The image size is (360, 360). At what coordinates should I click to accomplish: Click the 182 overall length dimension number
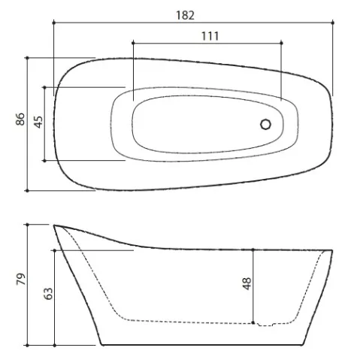tap(185, 15)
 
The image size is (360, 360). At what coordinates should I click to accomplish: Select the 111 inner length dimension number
tap(210, 36)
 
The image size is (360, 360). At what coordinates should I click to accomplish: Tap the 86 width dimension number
tap(20, 119)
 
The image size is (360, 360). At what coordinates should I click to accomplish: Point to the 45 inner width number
tap(38, 122)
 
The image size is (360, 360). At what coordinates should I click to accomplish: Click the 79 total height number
tap(21, 279)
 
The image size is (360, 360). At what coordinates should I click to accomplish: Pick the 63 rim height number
tap(48, 294)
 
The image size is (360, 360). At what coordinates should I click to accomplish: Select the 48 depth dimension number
tap(247, 283)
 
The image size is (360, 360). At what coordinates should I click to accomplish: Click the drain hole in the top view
tap(265, 124)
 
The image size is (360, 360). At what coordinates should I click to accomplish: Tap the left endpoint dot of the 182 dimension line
tap(53, 23)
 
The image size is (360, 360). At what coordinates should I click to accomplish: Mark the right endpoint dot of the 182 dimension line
tap(333, 23)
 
